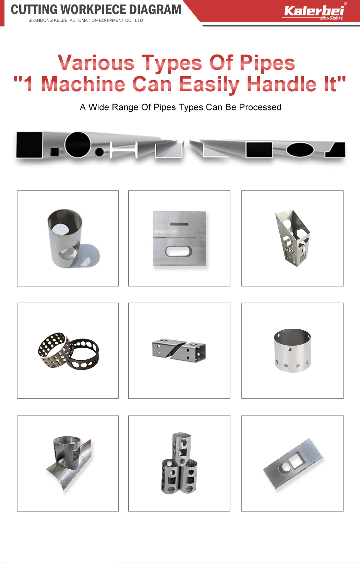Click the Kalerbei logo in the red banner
coord(314,12)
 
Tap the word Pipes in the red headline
coord(267,62)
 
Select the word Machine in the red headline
coord(83,84)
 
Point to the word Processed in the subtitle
coord(260,107)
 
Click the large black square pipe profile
coord(29,145)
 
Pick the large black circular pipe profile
coord(78,145)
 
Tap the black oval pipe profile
coord(300,150)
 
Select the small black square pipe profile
coord(55,152)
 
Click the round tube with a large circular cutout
coord(65,238)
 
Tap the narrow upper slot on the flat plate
coord(179,224)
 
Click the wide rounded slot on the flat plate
coord(179,251)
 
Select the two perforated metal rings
coord(68,351)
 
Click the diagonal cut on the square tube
coord(179,349)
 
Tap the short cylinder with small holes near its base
coord(292,350)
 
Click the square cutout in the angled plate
coord(296,461)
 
